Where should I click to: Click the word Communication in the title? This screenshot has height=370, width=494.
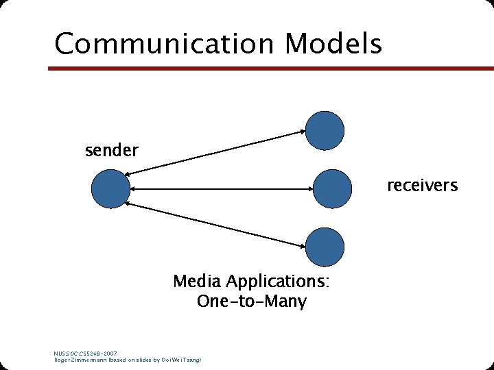[x=165, y=44]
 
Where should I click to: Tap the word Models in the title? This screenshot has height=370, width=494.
[x=333, y=44]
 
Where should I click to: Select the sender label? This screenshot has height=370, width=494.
[x=112, y=149]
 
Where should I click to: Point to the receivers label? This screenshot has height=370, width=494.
[x=422, y=186]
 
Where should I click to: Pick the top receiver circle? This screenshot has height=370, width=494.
[x=325, y=129]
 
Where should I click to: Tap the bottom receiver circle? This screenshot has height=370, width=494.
[x=325, y=246]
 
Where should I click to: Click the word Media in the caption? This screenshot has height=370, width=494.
[x=197, y=282]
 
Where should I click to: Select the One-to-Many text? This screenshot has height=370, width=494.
[x=251, y=301]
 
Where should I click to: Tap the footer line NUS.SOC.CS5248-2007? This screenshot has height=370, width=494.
[x=86, y=354]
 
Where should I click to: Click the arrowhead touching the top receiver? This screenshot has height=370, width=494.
[x=301, y=132]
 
